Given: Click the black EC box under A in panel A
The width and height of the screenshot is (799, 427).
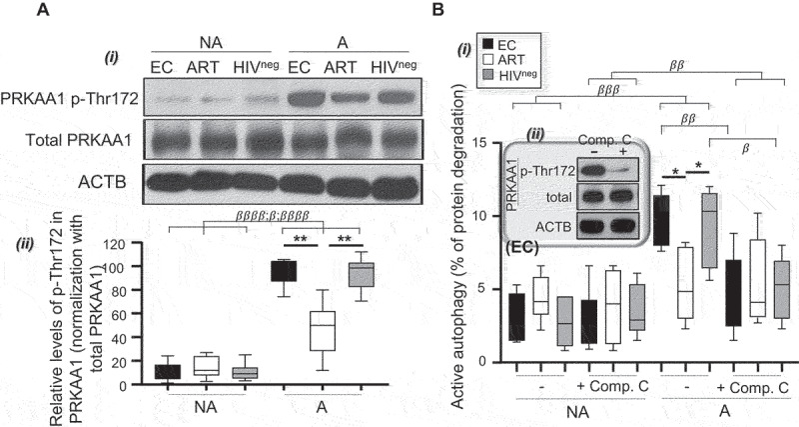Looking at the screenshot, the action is coord(290,271).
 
